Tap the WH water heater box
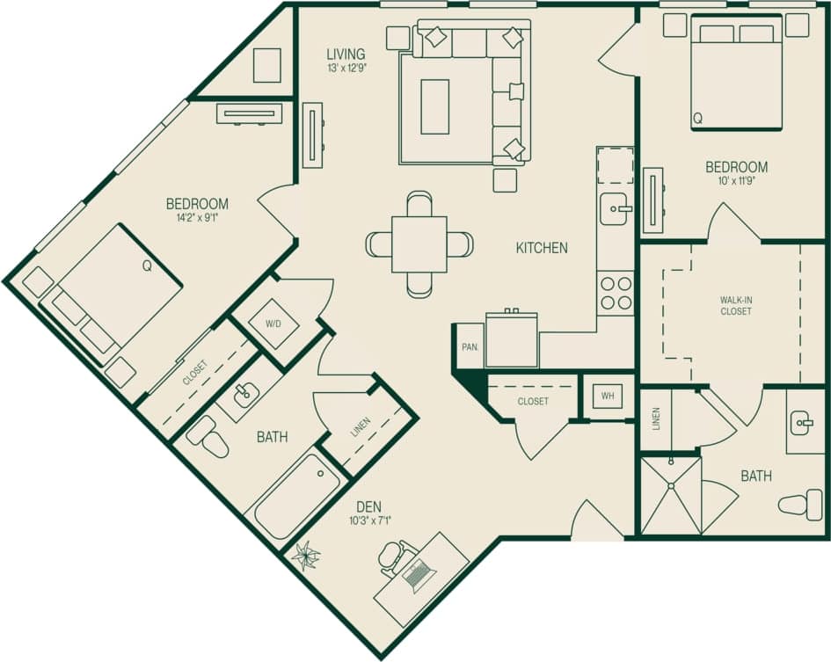[x=607, y=396]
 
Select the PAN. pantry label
[x=470, y=347]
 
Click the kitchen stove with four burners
[x=616, y=293]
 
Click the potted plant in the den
[x=307, y=556]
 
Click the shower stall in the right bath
[x=670, y=496]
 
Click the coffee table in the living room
[x=434, y=106]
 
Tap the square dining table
[x=419, y=244]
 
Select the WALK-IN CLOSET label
[x=736, y=306]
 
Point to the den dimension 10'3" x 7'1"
[x=369, y=520]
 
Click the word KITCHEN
[x=542, y=248]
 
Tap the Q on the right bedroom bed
[x=698, y=117]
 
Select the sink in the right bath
[x=803, y=424]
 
